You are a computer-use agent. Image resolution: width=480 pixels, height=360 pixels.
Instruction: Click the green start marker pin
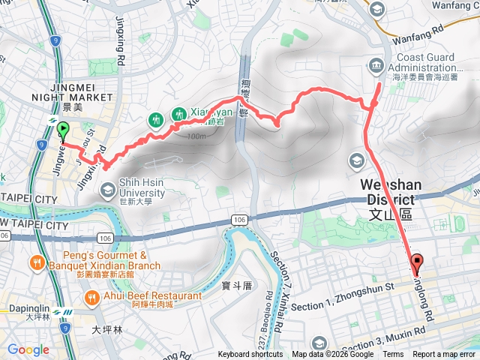(x=63, y=130)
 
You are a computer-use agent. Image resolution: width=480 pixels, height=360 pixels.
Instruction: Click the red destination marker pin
(x=418, y=263)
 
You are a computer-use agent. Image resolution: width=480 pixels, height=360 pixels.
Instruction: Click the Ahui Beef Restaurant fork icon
(x=91, y=297)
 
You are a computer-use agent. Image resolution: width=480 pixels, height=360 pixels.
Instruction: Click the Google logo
(x=28, y=350)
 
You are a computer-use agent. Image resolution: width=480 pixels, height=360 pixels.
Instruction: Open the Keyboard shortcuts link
(x=251, y=355)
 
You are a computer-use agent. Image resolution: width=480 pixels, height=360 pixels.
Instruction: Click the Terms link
(x=393, y=355)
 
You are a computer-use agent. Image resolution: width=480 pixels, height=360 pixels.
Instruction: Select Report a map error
(x=444, y=355)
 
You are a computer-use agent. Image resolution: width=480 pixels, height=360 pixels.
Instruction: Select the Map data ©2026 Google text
(x=333, y=355)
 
